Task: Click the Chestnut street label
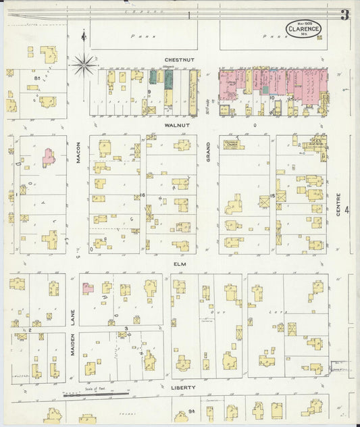tap(179, 59)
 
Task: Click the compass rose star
tap(84, 65)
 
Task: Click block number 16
tap(143, 195)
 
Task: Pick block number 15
tap(272, 196)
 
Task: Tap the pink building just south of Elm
tap(88, 288)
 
